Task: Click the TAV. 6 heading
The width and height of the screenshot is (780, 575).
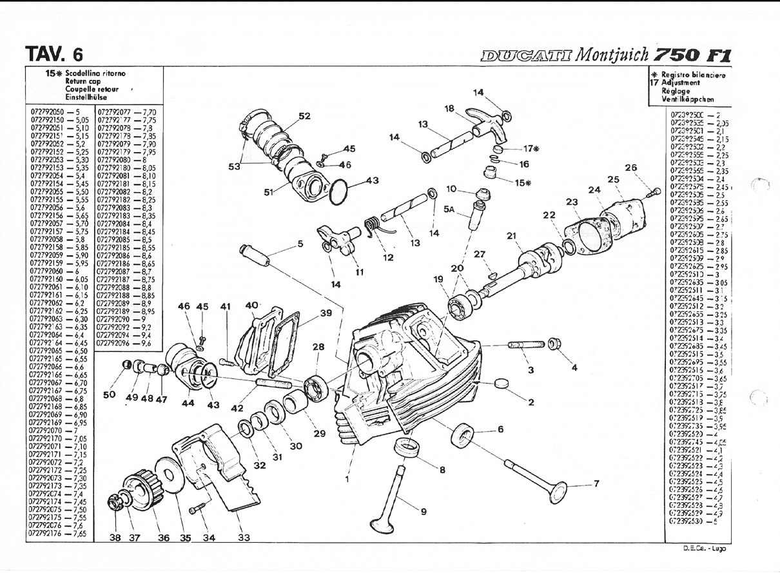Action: tap(53, 54)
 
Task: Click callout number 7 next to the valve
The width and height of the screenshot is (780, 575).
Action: tap(596, 484)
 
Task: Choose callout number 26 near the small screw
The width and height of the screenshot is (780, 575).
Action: tap(630, 168)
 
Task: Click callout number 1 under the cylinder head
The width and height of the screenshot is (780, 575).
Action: tap(348, 479)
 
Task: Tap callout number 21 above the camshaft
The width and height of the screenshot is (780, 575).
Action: tap(512, 236)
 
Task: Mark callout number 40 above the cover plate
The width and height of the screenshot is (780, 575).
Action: tap(251, 305)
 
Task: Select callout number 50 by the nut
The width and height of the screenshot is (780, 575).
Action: tap(110, 395)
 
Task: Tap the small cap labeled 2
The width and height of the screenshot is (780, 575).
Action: tap(501, 385)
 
